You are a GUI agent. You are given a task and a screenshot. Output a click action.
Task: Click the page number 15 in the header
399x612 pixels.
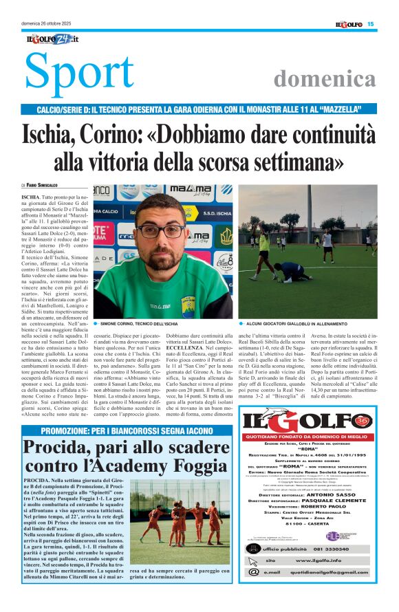[x=370, y=24]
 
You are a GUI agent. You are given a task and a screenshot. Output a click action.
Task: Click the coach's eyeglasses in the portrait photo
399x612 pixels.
[x=160, y=230]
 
